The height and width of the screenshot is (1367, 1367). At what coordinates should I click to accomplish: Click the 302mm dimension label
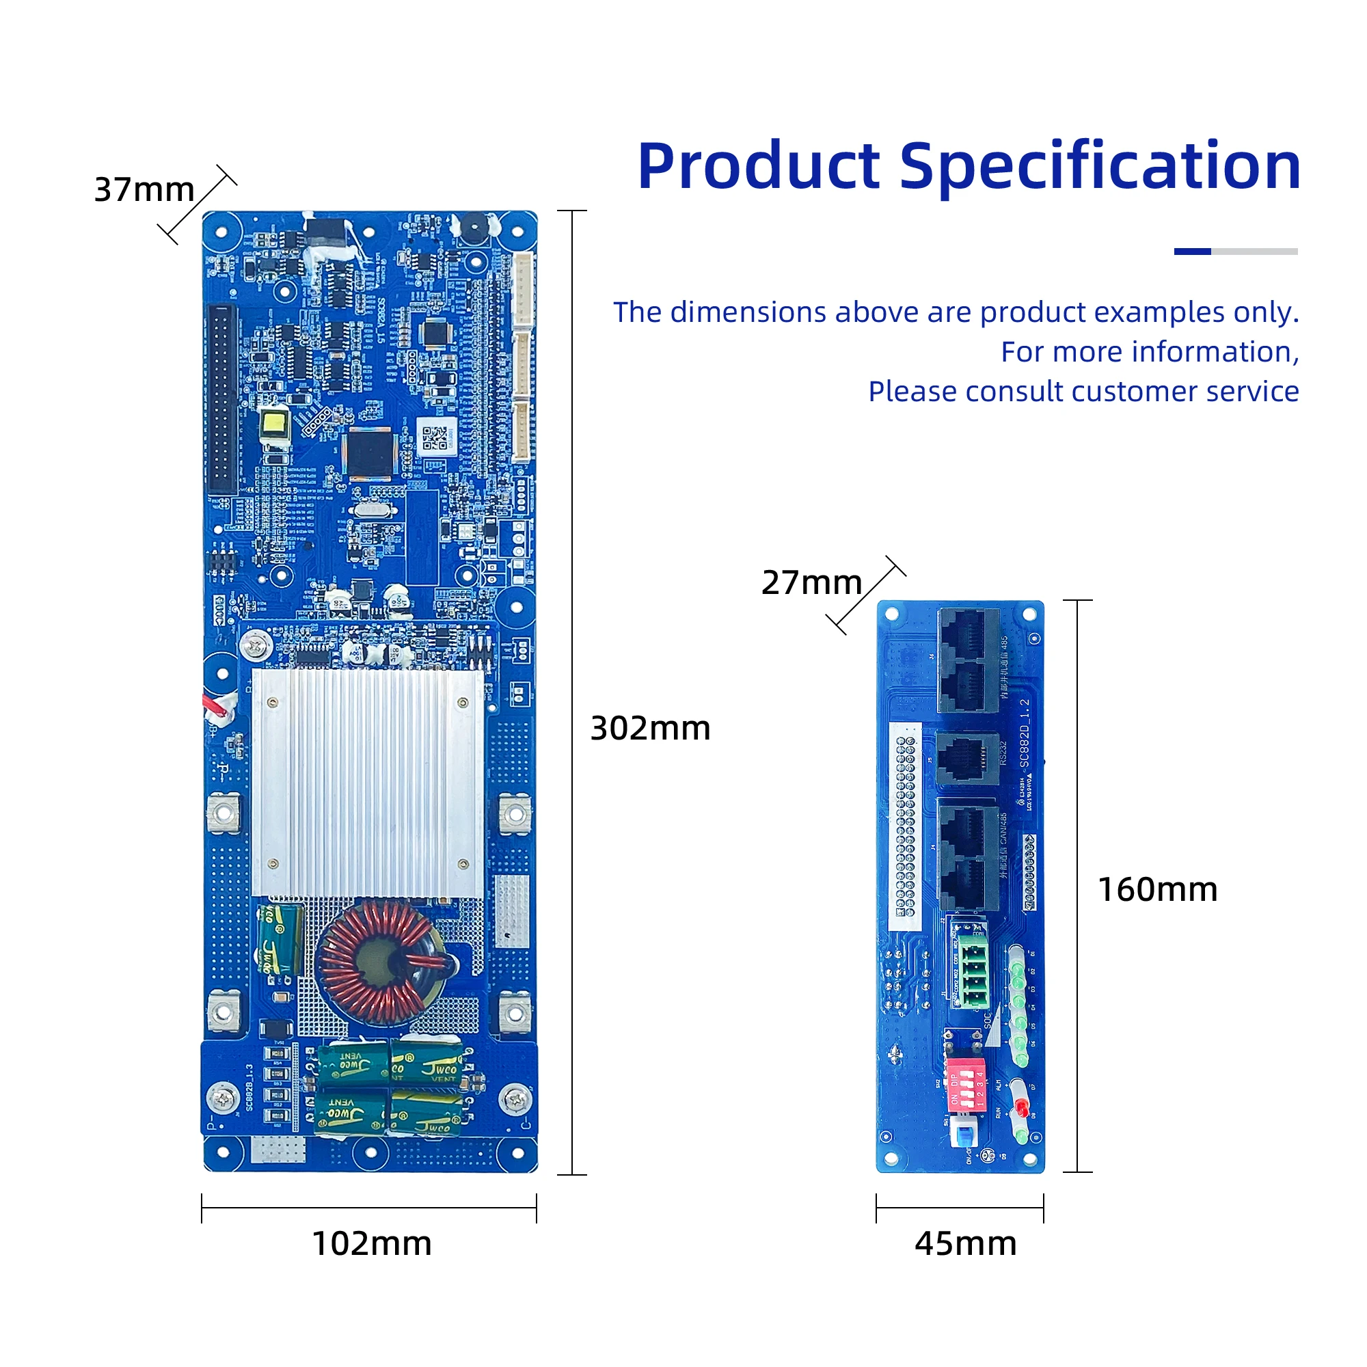tap(649, 729)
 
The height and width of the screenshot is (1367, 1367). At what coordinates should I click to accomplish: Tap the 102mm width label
tap(371, 1244)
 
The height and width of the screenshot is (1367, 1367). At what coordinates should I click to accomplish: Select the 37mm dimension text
tap(144, 189)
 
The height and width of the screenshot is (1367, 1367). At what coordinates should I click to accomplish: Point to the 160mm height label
tap(1158, 889)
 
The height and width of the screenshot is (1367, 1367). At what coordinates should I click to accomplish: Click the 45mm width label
tap(965, 1244)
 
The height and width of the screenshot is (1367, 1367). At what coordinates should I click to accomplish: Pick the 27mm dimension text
tap(811, 582)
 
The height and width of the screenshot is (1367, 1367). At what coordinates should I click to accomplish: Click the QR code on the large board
tap(436, 439)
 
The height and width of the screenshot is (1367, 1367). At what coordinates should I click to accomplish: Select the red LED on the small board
tap(1020, 1107)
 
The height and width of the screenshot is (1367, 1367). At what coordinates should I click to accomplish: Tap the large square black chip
tap(368, 453)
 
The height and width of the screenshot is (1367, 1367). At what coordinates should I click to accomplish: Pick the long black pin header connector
tap(221, 400)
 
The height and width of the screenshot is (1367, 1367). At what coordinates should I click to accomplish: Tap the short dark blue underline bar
tap(1192, 251)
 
